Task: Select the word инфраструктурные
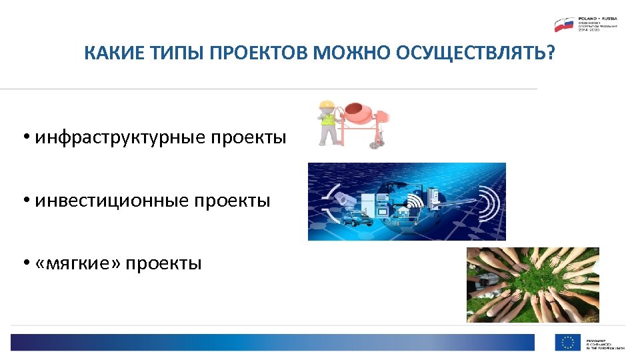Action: [121, 138]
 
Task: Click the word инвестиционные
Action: [111, 201]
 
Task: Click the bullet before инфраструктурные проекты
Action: [25, 139]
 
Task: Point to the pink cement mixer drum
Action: [360, 111]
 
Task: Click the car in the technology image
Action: [353, 217]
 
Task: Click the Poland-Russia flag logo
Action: [564, 25]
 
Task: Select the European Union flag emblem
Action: [568, 342]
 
